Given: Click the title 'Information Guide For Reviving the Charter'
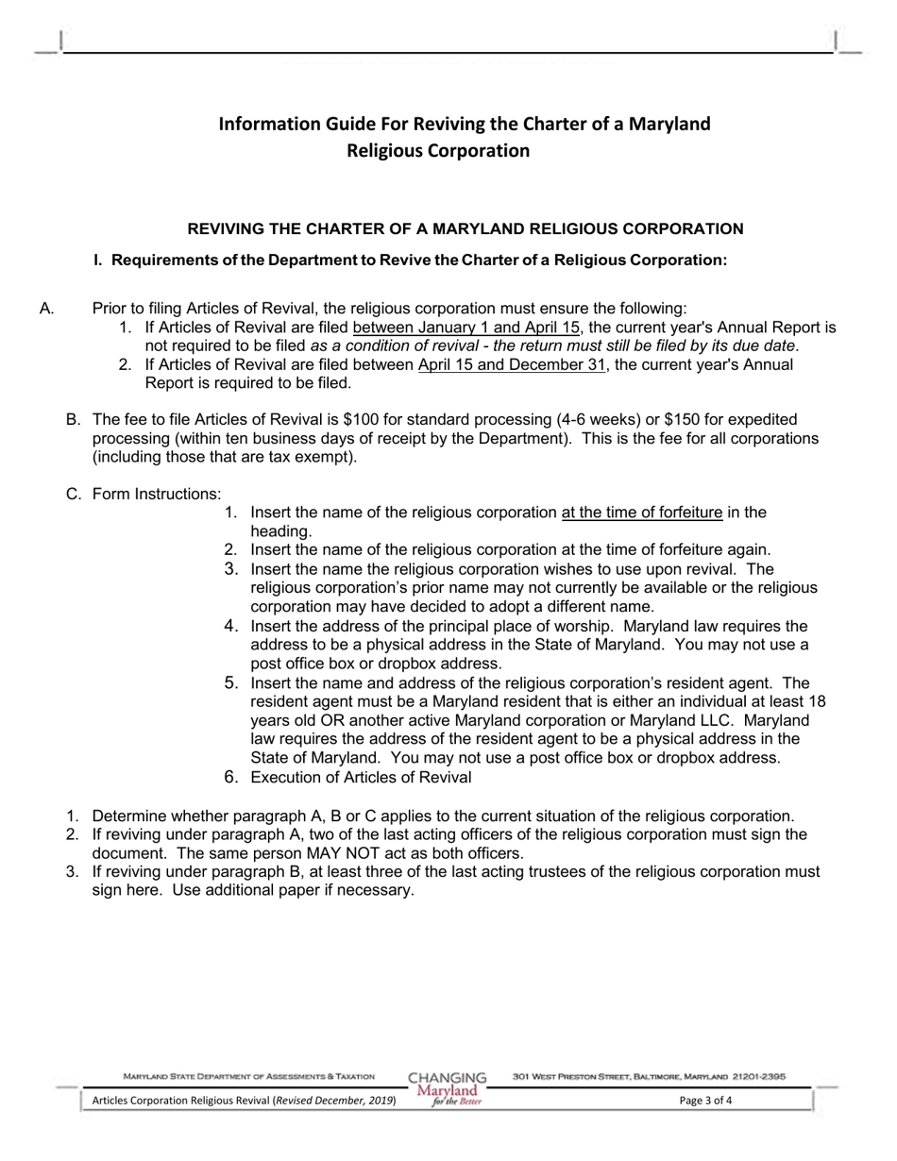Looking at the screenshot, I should click(x=465, y=124).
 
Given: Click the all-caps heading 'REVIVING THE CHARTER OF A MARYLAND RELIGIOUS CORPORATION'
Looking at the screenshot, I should click(x=465, y=229).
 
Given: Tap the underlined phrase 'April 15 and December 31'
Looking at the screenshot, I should click(x=511, y=364).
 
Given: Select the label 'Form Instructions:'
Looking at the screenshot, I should click(x=157, y=494).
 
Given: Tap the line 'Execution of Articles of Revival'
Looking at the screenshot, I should click(x=360, y=777).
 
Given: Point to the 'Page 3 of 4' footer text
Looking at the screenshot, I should click(x=705, y=1100).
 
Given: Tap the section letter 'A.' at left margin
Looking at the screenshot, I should click(x=49, y=308).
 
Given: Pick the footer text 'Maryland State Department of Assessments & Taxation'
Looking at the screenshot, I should click(x=249, y=1076).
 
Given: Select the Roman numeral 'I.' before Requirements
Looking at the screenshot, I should click(x=98, y=260).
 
